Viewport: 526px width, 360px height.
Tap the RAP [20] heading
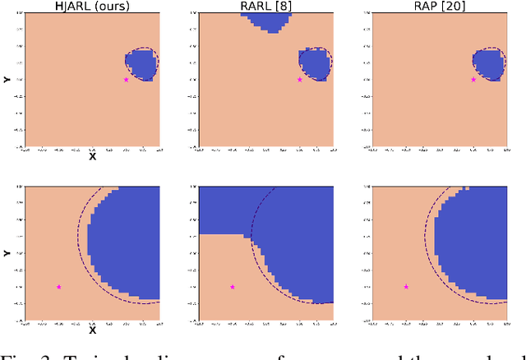point(440,7)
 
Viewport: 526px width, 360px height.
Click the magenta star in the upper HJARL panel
point(126,80)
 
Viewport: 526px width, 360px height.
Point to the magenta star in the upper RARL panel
point(299,80)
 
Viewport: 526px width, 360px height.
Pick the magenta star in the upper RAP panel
point(473,80)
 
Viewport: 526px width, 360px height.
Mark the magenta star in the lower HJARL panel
point(58,287)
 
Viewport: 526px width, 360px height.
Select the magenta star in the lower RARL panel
point(233,287)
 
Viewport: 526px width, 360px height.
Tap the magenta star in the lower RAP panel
point(406,287)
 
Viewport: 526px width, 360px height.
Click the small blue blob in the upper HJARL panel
point(141,64)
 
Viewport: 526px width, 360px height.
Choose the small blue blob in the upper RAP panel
point(489,64)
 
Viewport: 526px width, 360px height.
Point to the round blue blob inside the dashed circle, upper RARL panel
point(315,64)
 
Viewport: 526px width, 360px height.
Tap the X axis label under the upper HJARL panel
point(92,156)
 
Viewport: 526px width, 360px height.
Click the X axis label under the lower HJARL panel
point(92,330)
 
